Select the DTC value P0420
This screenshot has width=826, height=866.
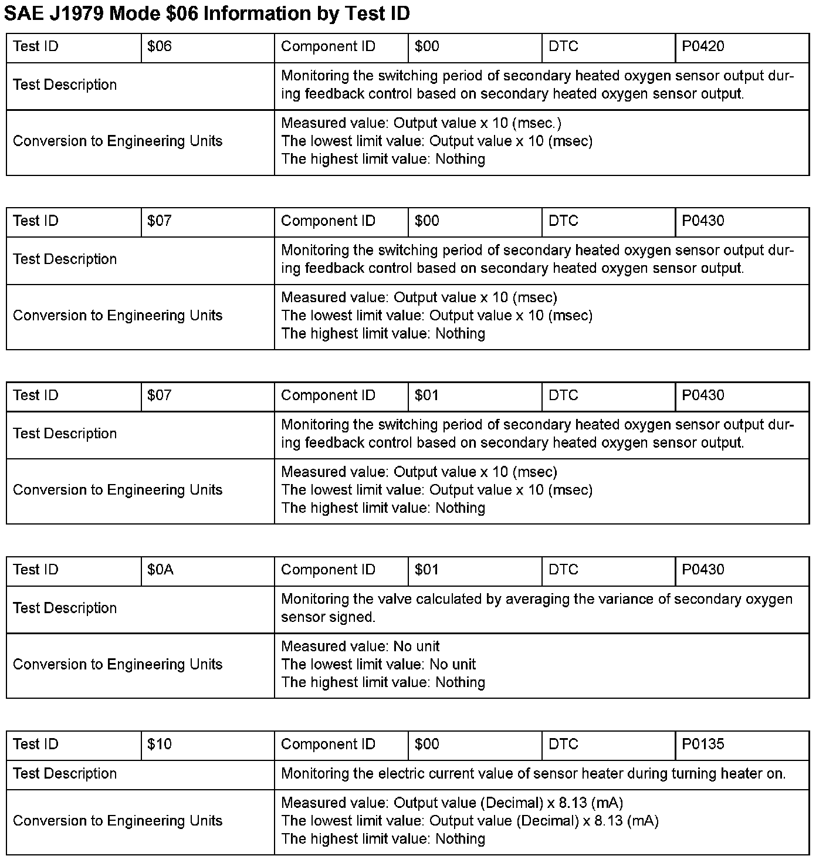pyautogui.click(x=703, y=47)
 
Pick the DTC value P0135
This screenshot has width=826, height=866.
pyautogui.click(x=703, y=745)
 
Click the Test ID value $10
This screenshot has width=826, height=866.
pyautogui.click(x=159, y=745)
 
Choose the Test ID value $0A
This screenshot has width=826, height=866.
pyautogui.click(x=160, y=570)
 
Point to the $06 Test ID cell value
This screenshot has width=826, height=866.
pyautogui.click(x=159, y=47)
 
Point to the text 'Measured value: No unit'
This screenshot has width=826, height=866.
pyautogui.click(x=360, y=647)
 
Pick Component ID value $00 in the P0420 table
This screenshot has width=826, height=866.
pyautogui.click(x=426, y=47)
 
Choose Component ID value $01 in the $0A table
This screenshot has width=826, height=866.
pyautogui.click(x=426, y=570)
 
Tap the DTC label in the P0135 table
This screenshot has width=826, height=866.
pyautogui.click(x=563, y=745)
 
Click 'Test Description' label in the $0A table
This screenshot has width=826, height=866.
pyautogui.click(x=65, y=608)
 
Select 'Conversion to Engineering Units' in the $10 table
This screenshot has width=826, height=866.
pyautogui.click(x=117, y=821)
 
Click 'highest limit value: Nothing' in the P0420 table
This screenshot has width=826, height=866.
pyautogui.click(x=383, y=160)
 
